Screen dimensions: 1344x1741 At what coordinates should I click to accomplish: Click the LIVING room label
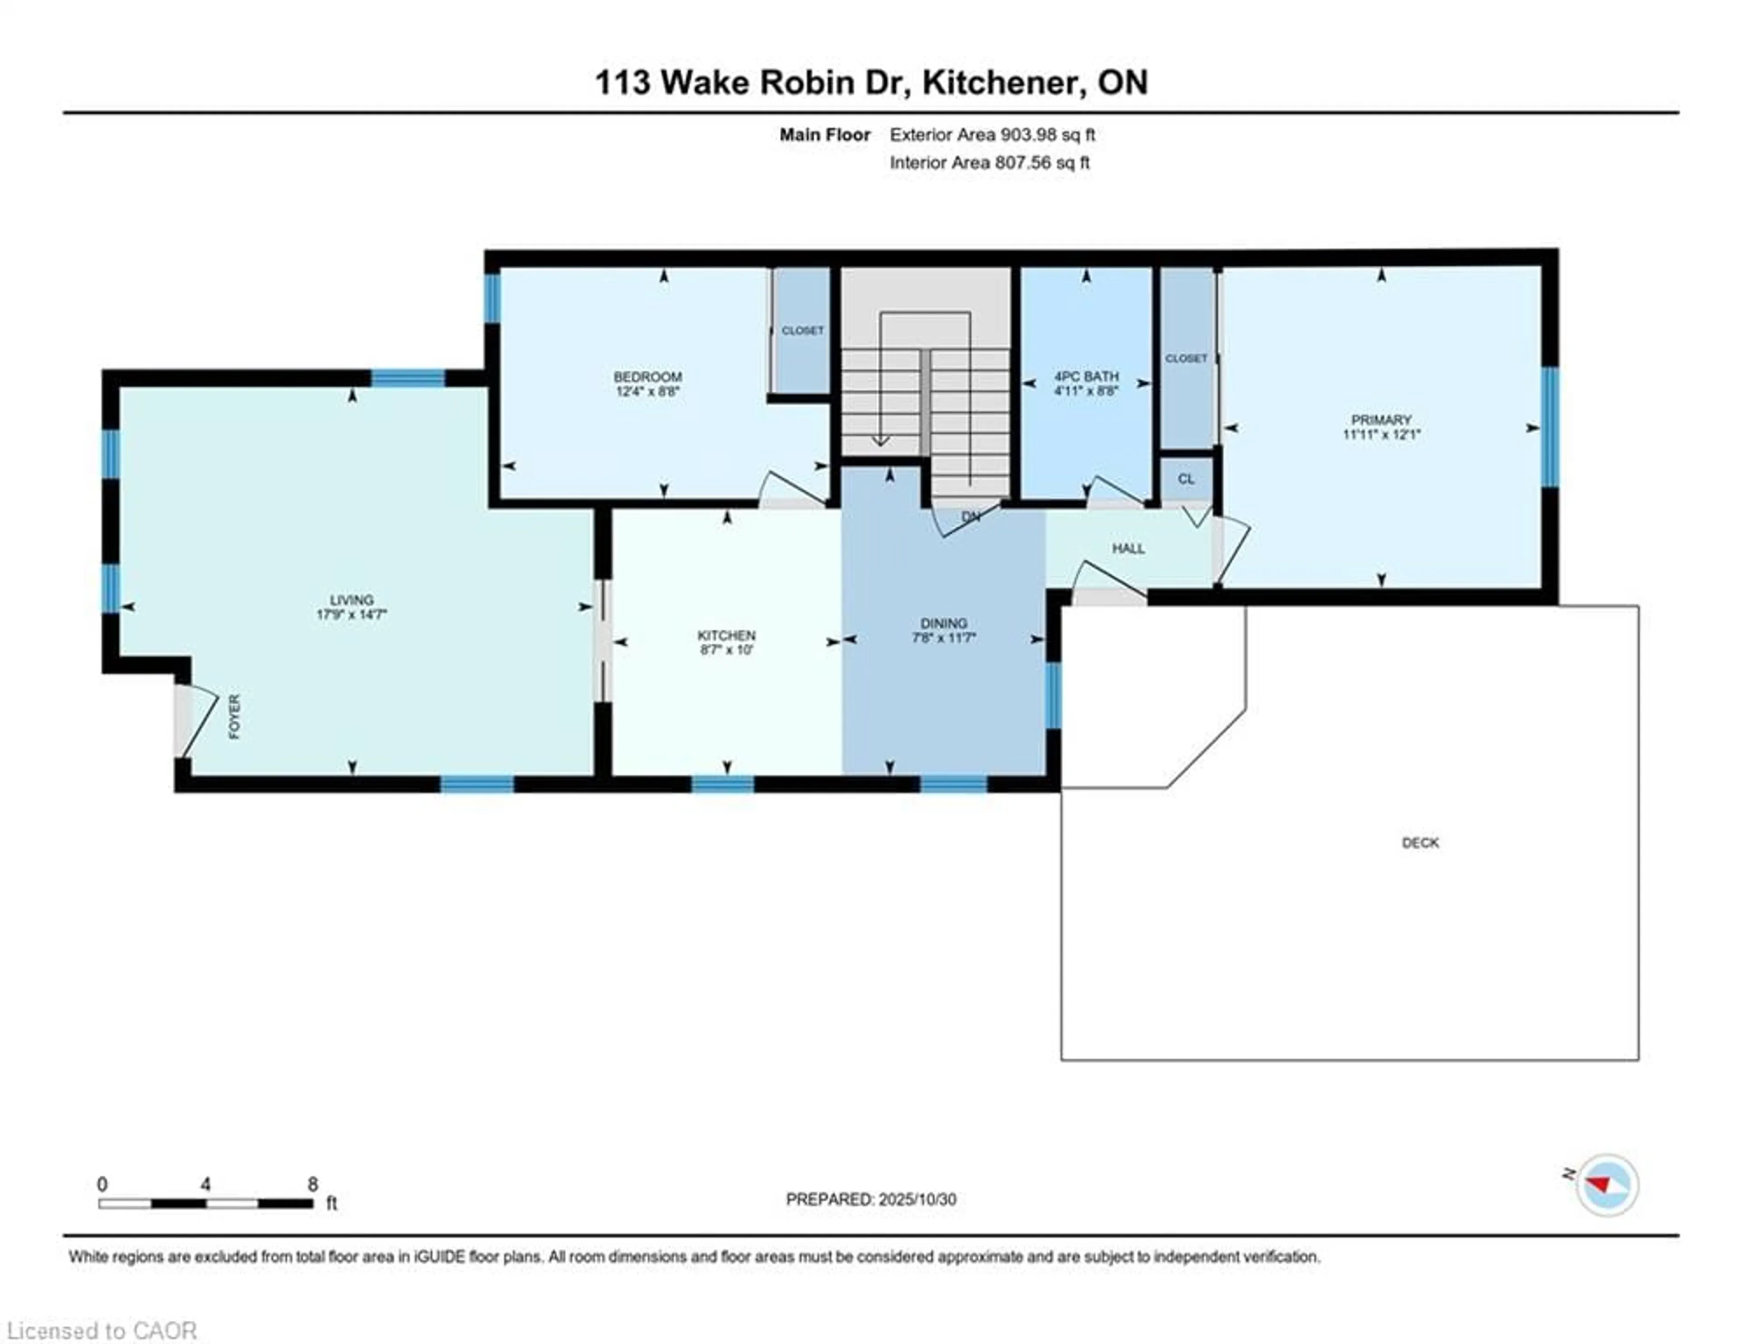[351, 599]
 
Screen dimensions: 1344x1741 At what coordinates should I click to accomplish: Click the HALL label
[1128, 549]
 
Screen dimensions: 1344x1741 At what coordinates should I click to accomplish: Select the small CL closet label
[1186, 479]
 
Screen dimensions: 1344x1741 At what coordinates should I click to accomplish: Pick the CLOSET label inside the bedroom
[802, 330]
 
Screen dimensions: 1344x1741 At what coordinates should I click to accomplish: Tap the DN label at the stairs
[970, 516]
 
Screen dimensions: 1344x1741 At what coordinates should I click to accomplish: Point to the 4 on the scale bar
[206, 1184]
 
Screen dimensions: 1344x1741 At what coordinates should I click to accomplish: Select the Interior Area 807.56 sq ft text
[989, 163]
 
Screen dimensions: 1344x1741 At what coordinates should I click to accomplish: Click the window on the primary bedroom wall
[1549, 427]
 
